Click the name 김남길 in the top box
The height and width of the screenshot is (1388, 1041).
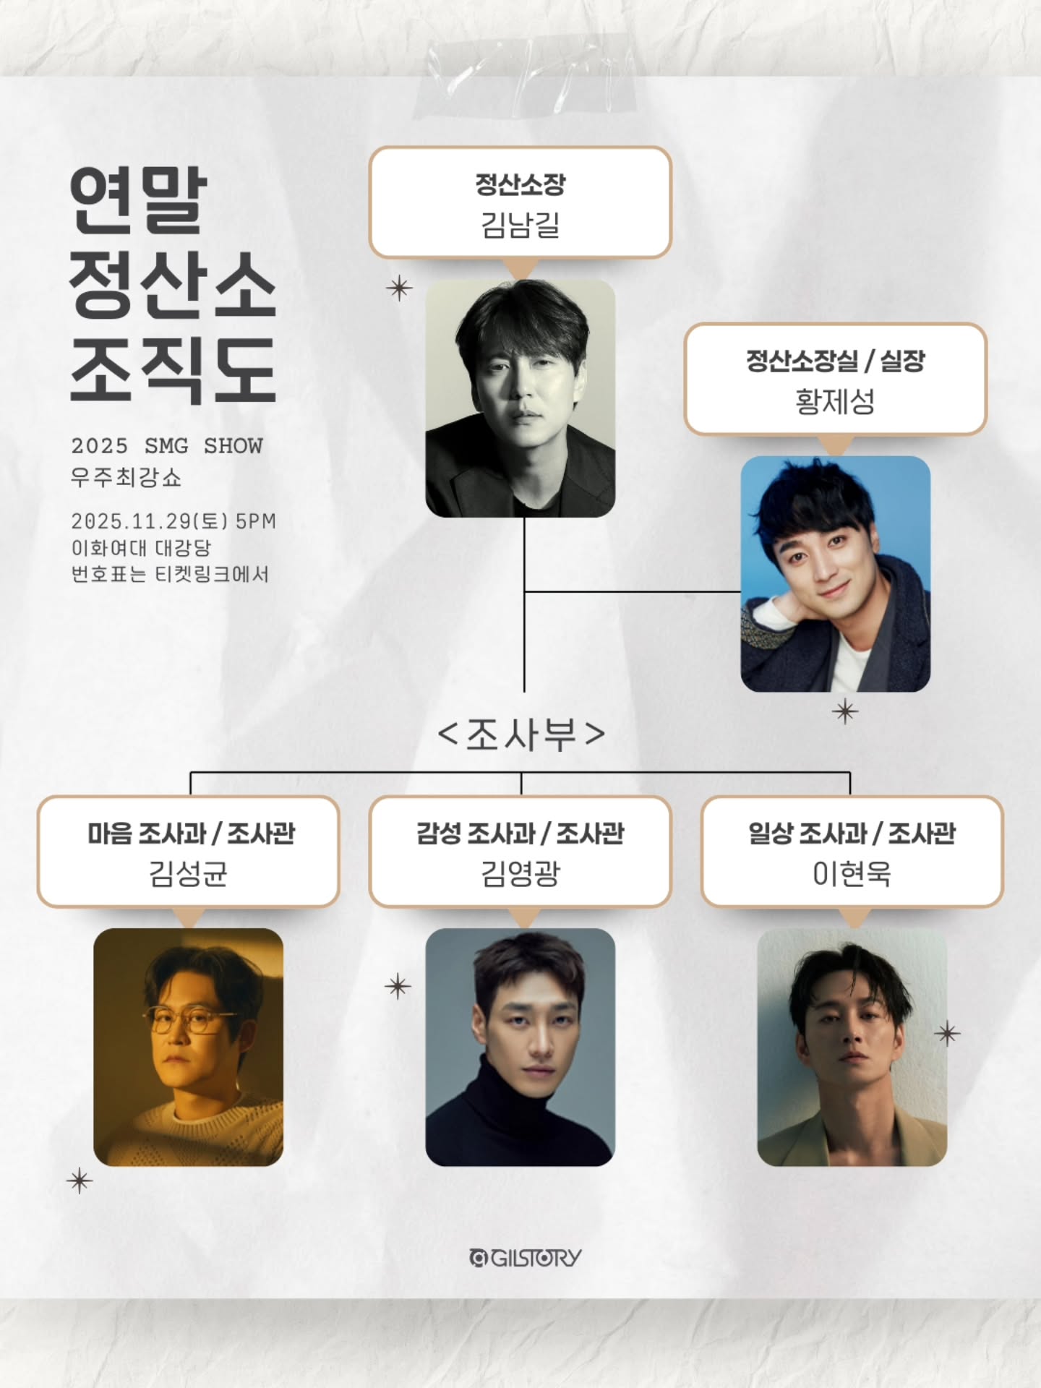click(520, 225)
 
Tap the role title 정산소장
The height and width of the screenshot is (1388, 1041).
click(520, 184)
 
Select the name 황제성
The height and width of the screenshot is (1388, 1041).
click(835, 401)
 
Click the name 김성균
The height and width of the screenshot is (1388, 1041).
click(188, 873)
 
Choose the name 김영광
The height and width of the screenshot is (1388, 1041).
click(520, 873)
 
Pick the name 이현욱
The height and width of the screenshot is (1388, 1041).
click(852, 873)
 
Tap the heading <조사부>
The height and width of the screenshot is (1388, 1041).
click(521, 734)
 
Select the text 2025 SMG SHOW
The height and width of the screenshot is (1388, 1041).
click(167, 445)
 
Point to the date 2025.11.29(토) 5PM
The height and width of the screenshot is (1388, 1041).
click(173, 521)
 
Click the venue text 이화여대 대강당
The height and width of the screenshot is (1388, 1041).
click(141, 548)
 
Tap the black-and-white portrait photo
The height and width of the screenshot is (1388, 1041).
click(520, 398)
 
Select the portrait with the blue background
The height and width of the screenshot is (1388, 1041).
click(835, 573)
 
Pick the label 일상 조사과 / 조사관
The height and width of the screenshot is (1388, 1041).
click(852, 834)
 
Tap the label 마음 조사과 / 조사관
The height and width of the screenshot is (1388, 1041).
click(191, 834)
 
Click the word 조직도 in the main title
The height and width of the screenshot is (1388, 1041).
click(173, 369)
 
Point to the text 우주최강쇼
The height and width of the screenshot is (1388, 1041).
click(126, 478)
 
